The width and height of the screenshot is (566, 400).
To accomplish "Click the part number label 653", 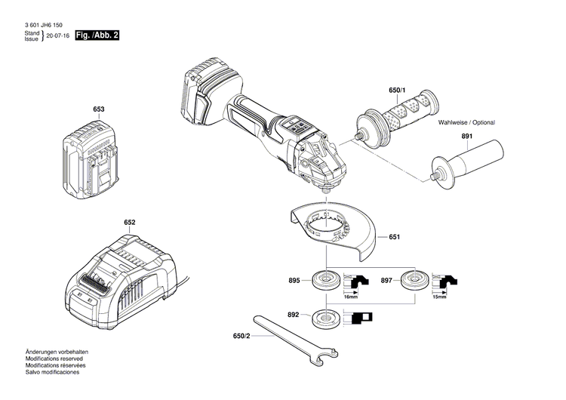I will [99, 109].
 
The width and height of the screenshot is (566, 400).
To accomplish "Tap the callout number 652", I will [130, 223].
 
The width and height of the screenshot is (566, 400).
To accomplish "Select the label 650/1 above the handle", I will [397, 91].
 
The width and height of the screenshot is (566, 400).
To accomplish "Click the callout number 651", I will [394, 237].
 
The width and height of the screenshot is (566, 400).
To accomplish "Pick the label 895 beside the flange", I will [294, 280].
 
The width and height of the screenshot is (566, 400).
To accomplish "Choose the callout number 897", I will [386, 280].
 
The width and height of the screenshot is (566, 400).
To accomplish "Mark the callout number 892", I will [294, 314].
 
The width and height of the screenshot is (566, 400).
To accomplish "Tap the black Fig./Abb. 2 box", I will [98, 35].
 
